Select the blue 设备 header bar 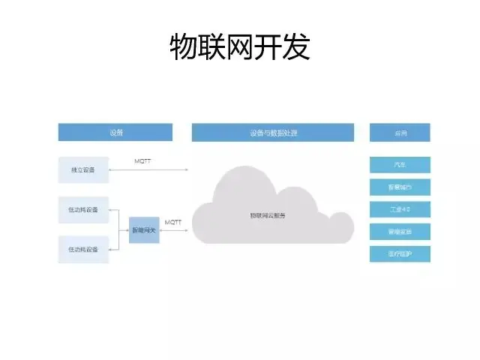coord(115,133)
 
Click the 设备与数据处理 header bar coord(273,133)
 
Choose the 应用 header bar coord(400,133)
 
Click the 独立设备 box coord(83,169)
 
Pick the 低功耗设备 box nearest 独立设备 coord(83,209)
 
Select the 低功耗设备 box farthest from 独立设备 coord(83,249)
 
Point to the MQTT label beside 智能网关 coord(173,222)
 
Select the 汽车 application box coord(400,165)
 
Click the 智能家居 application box coord(400,232)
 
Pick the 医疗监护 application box coord(400,253)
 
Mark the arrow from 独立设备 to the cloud coord(148,170)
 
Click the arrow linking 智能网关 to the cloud coord(174,230)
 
